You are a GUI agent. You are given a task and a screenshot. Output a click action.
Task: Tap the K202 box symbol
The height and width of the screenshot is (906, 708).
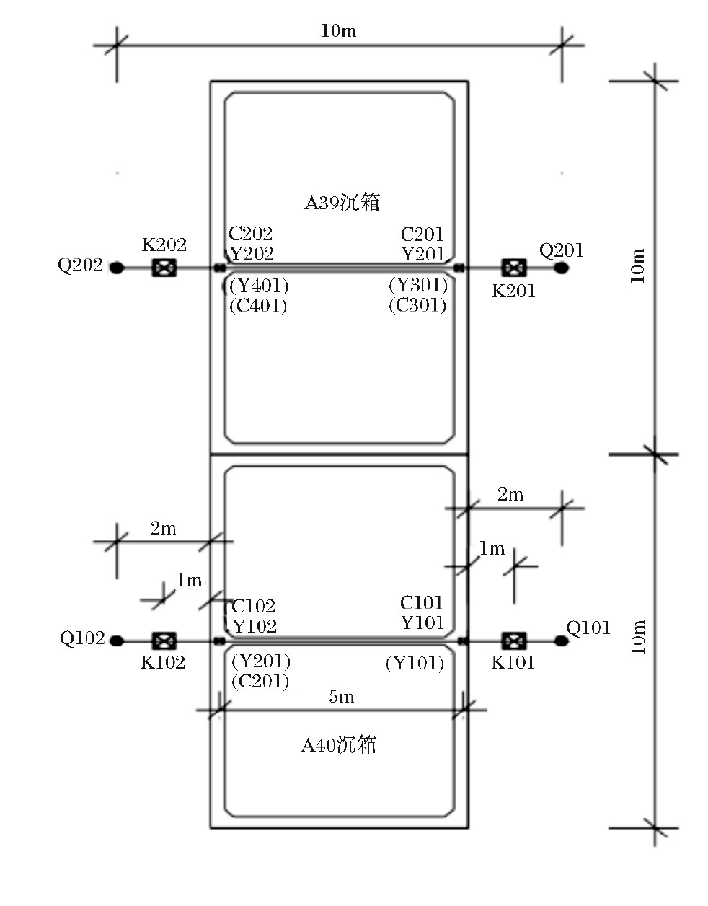tap(164, 268)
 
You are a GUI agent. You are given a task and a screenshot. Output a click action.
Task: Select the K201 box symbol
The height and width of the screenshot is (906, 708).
tap(513, 268)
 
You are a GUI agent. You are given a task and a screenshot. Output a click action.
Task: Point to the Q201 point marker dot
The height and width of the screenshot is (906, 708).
tap(561, 268)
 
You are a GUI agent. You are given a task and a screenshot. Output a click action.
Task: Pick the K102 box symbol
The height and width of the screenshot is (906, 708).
tap(164, 641)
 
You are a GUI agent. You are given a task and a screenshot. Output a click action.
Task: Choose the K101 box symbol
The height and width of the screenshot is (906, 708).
tap(513, 641)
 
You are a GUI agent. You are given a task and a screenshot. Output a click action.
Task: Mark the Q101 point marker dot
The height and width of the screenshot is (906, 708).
tap(561, 641)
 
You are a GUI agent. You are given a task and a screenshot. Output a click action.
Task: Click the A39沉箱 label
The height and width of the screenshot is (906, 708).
tap(342, 203)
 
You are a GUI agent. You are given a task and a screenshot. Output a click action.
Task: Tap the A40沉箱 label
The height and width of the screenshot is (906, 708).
tap(338, 745)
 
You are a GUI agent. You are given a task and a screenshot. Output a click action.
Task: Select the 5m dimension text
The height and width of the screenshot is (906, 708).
tap(342, 697)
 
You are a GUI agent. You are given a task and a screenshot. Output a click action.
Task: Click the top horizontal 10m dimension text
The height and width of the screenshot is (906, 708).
tap(338, 31)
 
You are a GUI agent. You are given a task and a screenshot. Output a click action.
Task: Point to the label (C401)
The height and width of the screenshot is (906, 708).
tap(258, 306)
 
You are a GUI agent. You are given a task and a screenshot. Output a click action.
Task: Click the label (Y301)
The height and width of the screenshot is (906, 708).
tap(418, 286)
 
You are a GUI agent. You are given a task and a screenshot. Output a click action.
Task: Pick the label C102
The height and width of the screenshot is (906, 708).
tap(253, 606)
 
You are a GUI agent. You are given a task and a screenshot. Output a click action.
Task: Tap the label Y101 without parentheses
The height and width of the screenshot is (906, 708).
tap(422, 623)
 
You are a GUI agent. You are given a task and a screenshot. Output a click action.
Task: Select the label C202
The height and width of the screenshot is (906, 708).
tap(250, 234)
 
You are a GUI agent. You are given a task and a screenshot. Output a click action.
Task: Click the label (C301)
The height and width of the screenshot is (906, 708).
tap(417, 306)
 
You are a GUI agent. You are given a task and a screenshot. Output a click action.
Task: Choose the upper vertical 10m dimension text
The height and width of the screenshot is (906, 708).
tap(638, 265)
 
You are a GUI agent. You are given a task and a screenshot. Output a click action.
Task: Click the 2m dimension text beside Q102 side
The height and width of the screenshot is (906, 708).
tap(163, 529)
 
